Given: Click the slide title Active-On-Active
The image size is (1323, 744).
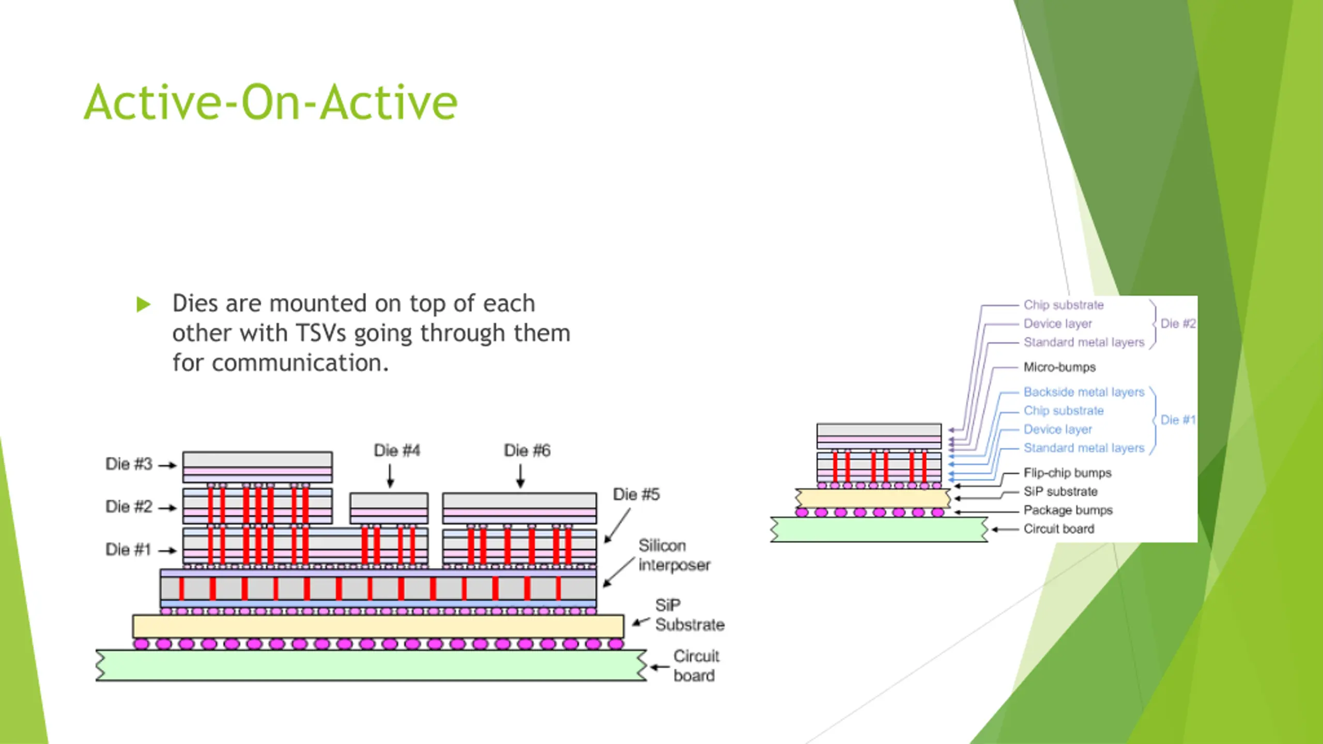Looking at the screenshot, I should (270, 102).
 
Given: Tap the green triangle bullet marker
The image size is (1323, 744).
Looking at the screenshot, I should (143, 304).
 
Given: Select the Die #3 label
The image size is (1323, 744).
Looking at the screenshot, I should (129, 464).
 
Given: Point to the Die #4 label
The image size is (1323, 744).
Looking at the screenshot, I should (397, 451).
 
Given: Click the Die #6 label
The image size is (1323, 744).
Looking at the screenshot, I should (527, 451).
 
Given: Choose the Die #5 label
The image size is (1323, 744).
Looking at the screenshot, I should (636, 494).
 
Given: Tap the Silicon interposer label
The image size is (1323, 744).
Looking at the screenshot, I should (674, 555).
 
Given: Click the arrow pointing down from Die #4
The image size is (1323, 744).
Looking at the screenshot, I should (391, 476).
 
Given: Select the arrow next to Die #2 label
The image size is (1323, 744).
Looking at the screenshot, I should (167, 508).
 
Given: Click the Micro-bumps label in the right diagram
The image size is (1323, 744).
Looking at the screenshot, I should (1059, 367).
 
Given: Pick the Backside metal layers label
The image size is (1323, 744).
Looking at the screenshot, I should (1084, 392).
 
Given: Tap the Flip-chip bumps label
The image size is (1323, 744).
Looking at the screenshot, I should (1067, 473).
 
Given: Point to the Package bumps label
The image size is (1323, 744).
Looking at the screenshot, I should (1068, 510).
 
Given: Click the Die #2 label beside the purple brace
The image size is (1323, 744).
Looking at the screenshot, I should (1178, 324).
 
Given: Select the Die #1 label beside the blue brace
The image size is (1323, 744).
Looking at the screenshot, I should (1178, 420).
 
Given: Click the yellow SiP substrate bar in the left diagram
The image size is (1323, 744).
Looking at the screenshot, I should (378, 626).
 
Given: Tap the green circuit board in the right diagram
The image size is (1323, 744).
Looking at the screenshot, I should (879, 530).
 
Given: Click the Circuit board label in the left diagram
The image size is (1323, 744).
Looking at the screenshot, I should (696, 666).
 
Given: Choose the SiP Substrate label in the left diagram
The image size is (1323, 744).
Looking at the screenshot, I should (689, 615).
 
